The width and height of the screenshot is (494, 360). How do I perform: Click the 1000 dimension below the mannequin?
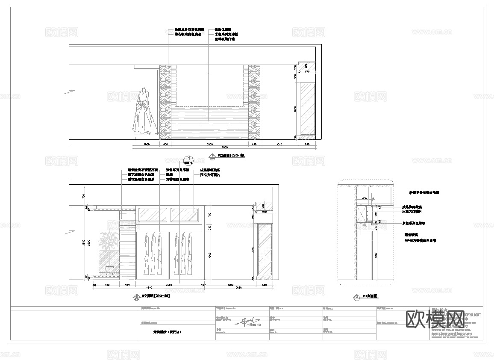click(x=146, y=145)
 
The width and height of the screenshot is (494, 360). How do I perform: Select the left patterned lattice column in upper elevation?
click(x=165, y=102)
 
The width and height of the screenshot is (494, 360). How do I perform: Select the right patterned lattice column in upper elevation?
click(x=254, y=102)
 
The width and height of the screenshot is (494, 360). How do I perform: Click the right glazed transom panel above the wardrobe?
click(x=185, y=215)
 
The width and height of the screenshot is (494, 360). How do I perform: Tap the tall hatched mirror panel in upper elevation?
click(x=308, y=109)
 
